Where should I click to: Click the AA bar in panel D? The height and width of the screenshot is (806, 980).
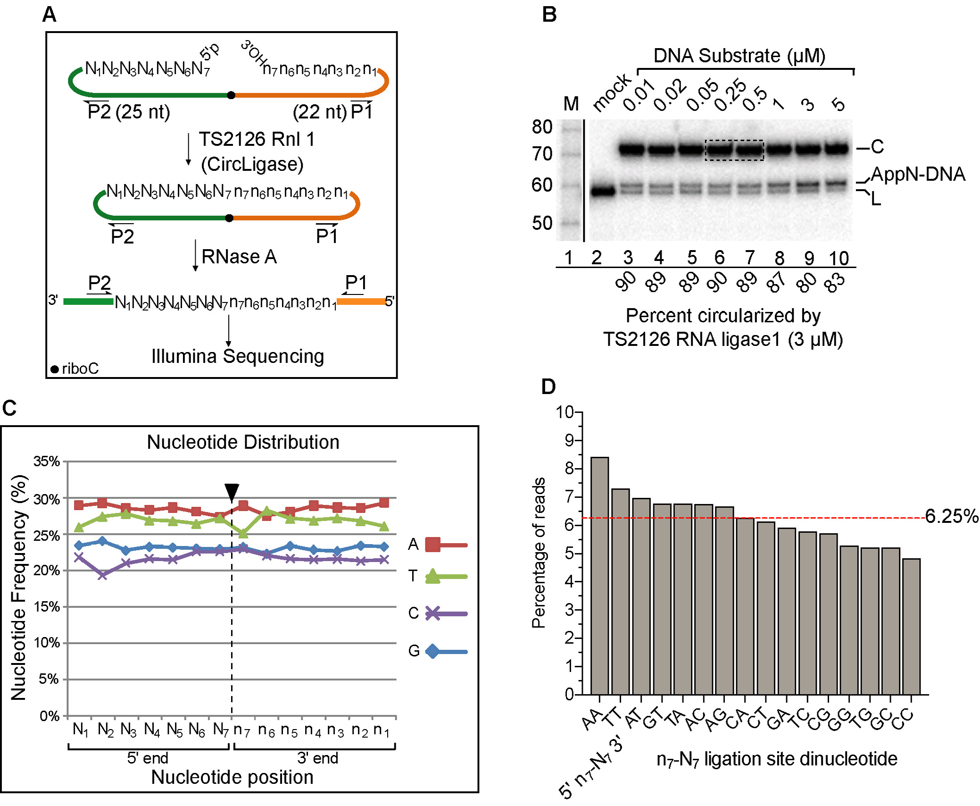pos(599,576)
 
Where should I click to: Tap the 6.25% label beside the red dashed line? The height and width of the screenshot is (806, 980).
pos(951,516)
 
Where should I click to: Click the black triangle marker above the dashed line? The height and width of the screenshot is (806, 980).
pos(232,492)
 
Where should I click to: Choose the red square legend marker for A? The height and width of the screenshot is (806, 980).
pos(433,544)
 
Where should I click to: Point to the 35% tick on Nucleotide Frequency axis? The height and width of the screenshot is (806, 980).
pos(47,461)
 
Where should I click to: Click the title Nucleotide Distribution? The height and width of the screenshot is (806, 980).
pos(243,442)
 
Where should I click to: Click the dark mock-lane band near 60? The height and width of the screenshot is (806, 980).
pos(603,191)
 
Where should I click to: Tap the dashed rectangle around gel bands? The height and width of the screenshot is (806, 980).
pos(734,150)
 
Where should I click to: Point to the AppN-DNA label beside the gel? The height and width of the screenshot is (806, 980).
pos(917,174)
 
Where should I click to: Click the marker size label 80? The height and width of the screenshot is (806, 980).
pos(542,127)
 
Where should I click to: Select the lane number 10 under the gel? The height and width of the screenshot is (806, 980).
pos(839,258)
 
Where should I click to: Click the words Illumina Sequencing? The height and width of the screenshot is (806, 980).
pos(238,356)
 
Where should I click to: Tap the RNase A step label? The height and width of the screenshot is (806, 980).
pos(239,257)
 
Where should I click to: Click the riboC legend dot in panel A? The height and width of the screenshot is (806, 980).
pos(55,369)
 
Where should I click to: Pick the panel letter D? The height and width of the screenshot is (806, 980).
pos(548,386)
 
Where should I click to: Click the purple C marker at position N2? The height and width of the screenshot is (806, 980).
pos(102,574)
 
